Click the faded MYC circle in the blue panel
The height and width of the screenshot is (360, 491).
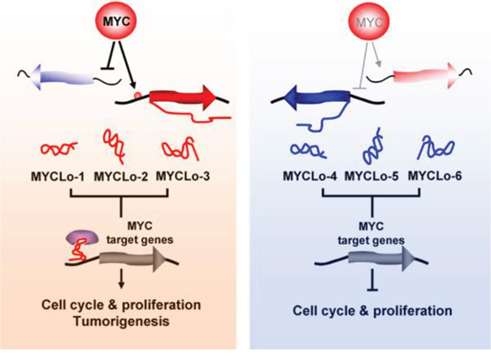370,22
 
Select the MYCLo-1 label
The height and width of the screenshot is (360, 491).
58,177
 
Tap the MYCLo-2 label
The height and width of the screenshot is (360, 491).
121,177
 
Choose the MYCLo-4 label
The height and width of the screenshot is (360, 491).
310,176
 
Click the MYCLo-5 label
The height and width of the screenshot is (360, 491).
371,176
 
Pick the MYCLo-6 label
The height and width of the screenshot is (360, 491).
435,176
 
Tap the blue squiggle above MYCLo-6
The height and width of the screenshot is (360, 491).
436,148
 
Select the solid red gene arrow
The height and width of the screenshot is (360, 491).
183,98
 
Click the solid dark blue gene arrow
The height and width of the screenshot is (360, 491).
316,97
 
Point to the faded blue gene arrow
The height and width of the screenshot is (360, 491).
62,77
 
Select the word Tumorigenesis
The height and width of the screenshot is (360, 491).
121,322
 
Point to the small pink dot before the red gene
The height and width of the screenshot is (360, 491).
137,95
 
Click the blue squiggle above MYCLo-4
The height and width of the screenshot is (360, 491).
309,150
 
